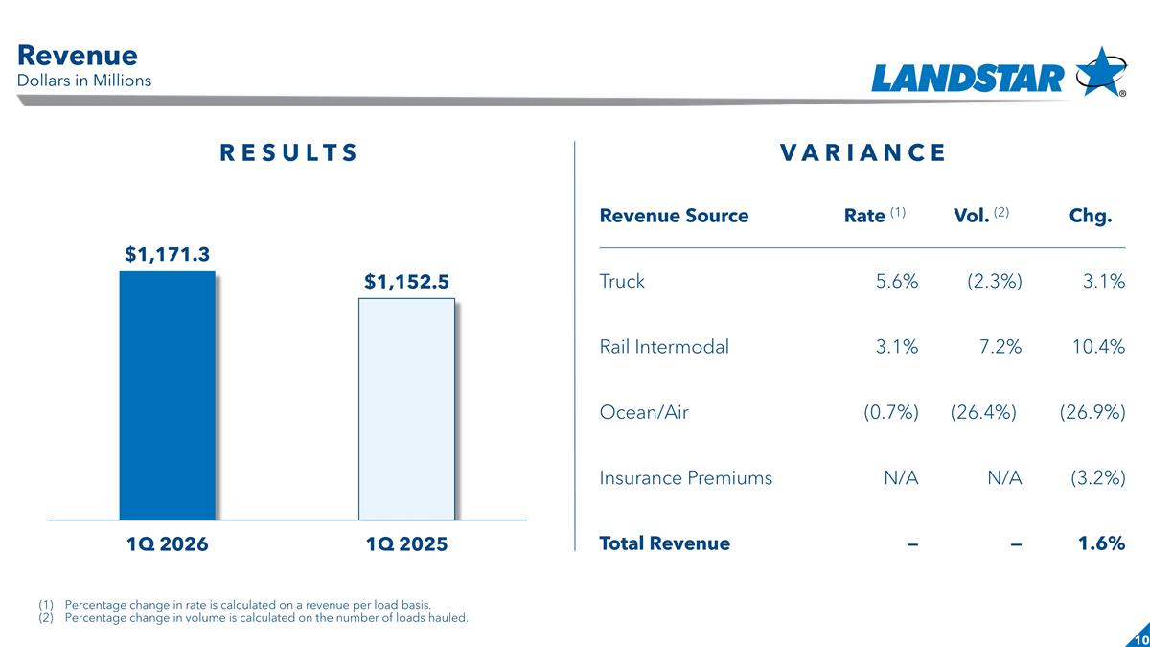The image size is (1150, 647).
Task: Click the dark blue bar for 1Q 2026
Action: [167, 395]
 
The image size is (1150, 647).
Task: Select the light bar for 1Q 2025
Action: [406, 408]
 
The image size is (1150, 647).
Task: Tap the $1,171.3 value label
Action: [167, 254]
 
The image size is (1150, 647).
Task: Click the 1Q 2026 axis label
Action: [167, 543]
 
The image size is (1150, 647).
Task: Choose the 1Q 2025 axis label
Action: [406, 543]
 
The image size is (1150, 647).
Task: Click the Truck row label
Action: [622, 281]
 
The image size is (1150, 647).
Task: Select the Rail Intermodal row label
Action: [664, 347]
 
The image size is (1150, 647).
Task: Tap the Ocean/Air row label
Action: [644, 412]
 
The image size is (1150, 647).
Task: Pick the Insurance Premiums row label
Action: [685, 477]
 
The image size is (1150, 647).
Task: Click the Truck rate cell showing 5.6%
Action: [897, 281]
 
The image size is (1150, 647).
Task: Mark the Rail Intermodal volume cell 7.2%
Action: [1000, 347]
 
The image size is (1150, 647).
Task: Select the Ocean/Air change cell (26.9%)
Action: [1092, 412]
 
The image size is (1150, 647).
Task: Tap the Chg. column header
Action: [1090, 216]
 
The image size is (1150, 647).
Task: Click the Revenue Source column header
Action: [674, 216]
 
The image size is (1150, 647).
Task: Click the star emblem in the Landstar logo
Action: [1100, 71]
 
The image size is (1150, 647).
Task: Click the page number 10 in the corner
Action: [1140, 639]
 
